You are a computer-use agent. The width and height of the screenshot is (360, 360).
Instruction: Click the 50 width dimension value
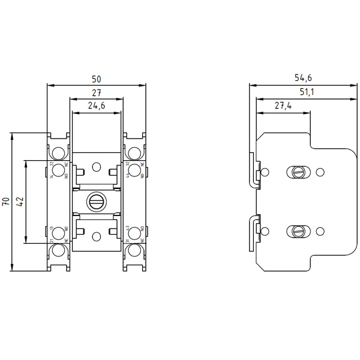coord(96,79)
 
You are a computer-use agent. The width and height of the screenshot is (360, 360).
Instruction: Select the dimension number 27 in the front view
coord(96,93)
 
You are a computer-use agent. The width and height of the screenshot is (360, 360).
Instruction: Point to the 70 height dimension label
coord(5,201)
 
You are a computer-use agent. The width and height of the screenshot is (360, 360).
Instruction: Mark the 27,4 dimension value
coord(283,106)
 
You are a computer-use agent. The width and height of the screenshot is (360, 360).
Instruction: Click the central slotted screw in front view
coord(96,202)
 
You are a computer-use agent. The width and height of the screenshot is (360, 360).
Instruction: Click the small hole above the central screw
coord(96,166)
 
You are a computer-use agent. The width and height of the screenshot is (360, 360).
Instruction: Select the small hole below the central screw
coord(96,236)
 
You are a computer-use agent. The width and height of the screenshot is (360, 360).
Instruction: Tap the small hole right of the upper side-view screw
coord(320,173)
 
